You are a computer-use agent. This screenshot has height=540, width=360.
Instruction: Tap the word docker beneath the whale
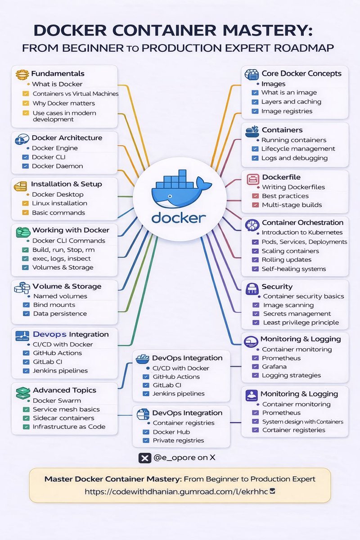coord(179,218)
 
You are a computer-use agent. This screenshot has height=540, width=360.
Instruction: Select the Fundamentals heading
coord(58,73)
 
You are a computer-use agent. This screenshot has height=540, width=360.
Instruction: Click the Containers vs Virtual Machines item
coord(76,94)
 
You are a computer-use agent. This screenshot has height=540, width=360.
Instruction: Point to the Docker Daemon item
coord(57,166)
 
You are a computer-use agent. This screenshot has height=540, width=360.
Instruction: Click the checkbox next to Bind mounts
coord(26,305)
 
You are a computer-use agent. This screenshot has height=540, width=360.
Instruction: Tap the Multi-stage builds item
coord(292,205)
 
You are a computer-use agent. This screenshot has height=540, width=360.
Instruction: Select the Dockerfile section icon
coord(252,178)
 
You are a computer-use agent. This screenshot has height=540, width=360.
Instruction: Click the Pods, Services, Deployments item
coord(305,242)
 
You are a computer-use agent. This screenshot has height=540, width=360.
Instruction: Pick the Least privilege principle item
coord(301,322)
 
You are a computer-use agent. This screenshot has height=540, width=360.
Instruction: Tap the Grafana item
coord(274,367)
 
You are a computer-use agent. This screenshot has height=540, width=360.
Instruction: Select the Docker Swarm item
coord(57,400)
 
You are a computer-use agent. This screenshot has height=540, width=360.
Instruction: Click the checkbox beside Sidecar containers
coord(26,418)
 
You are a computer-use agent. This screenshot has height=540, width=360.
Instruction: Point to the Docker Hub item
coord(171,432)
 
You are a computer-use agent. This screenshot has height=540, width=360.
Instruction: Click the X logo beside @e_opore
coord(144,458)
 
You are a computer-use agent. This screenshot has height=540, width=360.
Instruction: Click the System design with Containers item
coord(303,422)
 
